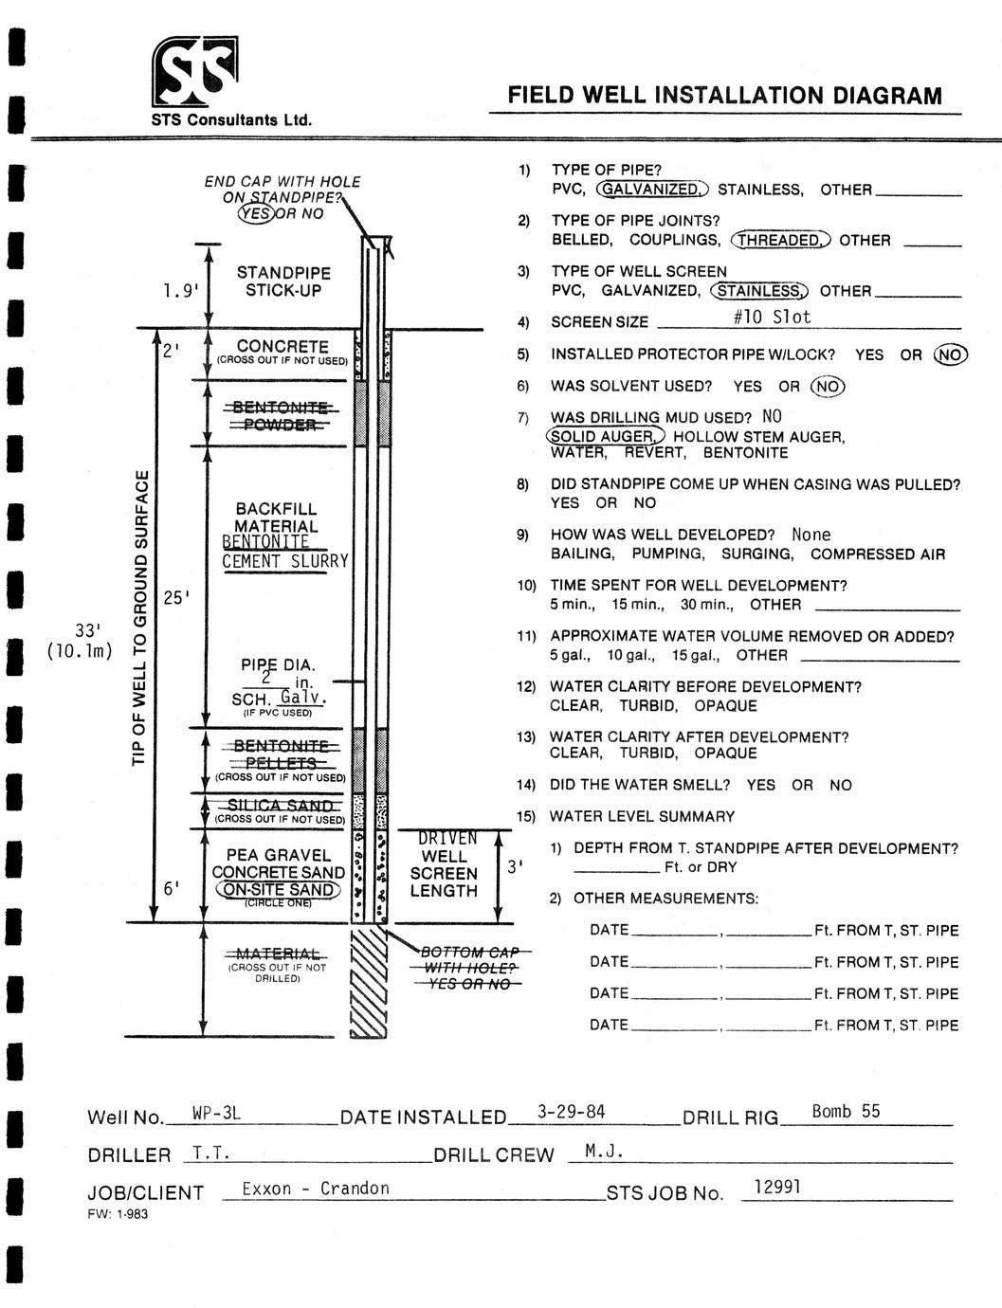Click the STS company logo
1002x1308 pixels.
[x=194, y=72]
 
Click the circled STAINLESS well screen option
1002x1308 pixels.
[x=760, y=291]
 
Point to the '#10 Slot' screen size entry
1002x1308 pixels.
[x=773, y=318]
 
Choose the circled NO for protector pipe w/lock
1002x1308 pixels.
[x=951, y=354]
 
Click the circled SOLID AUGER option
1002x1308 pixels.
[x=605, y=436]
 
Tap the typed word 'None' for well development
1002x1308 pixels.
[x=811, y=535]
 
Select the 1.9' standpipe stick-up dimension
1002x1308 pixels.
[x=181, y=291]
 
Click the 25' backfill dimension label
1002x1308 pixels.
[x=177, y=597]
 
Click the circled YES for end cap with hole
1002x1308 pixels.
[x=255, y=213]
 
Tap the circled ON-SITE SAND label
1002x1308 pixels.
[x=278, y=889]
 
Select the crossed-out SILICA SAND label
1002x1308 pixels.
[x=280, y=806]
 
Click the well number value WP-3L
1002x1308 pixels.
[x=216, y=1113]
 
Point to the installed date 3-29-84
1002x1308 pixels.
[x=571, y=1112]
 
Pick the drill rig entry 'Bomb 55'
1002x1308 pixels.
[x=846, y=1111]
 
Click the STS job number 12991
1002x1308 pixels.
[x=777, y=1186]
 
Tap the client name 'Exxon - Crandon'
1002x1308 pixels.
[x=316, y=1189]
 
